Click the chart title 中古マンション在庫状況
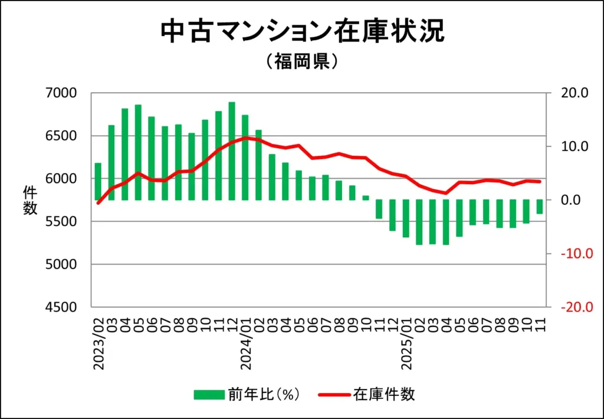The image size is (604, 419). point(302,32)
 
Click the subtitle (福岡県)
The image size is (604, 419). point(302,61)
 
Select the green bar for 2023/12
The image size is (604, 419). point(232,151)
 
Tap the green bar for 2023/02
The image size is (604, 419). point(98,181)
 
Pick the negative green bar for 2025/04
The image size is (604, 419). point(446,222)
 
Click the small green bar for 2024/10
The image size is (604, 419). point(366,198)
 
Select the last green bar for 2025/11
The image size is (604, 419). point(539,207)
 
